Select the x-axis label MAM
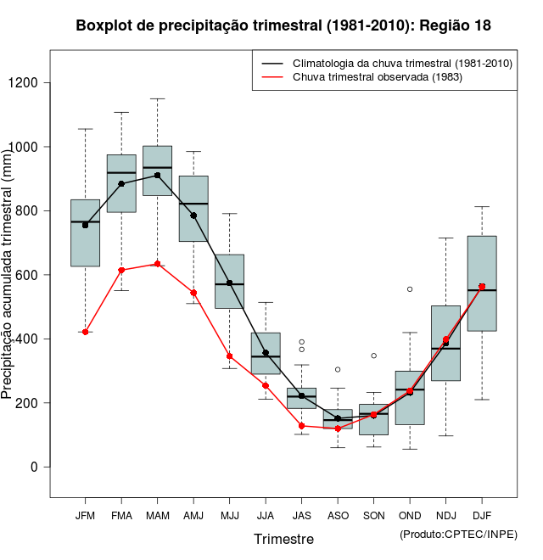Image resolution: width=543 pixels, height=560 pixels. [157, 516]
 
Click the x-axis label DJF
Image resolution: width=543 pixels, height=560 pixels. [482, 516]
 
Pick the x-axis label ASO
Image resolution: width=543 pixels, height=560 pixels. [338, 516]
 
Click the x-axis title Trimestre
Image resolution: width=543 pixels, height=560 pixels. [283, 539]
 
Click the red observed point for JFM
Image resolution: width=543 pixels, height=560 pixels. [85, 332]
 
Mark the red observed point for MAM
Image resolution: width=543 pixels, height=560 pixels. [157, 264]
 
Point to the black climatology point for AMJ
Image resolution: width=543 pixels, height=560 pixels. [193, 216]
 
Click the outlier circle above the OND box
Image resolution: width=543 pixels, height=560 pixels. [410, 289]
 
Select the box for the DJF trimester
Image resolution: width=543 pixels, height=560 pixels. [482, 283]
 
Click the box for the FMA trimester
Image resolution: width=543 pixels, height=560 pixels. [121, 183]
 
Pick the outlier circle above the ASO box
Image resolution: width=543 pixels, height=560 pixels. [338, 370]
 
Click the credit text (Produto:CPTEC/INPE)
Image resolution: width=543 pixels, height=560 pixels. [458, 534]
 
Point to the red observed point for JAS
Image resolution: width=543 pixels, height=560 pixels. [301, 426]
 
